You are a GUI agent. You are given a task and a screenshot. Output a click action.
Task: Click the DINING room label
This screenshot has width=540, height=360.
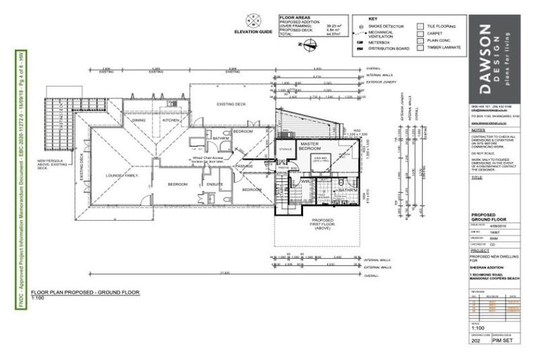pyautogui.click(x=139, y=120)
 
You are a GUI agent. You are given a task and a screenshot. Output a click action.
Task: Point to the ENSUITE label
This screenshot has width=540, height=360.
pyautogui.click(x=215, y=185)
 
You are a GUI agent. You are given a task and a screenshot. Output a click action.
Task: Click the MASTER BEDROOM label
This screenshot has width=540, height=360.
pyautogui.click(x=310, y=146)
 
